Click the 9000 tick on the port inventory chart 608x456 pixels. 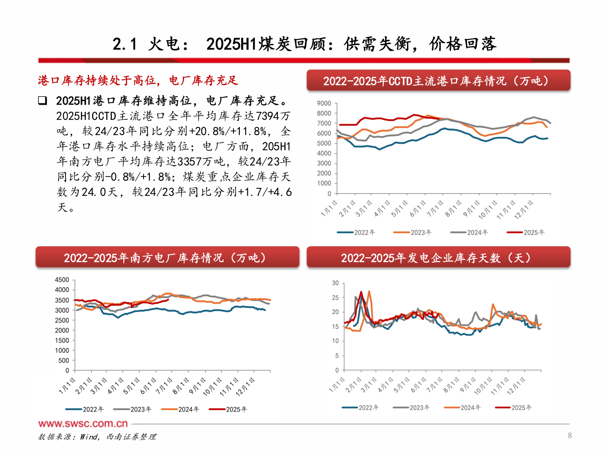[x=324, y=103]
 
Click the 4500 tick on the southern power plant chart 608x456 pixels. [x=62, y=280]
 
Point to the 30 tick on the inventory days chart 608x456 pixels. [x=335, y=283]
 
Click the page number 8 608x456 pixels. [x=570, y=435]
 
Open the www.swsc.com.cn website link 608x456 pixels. [x=83, y=423]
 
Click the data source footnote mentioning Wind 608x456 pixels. [x=97, y=437]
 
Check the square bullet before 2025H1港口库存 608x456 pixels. [x=42, y=100]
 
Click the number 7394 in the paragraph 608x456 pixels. [x=268, y=116]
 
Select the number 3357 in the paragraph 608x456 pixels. [x=190, y=162]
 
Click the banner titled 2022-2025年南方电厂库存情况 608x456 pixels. [x=167, y=258]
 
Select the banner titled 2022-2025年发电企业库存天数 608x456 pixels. [x=438, y=258]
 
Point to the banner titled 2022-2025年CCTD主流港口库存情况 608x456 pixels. [x=438, y=81]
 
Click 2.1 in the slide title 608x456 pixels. [x=125, y=44]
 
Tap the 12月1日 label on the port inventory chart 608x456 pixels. [x=524, y=209]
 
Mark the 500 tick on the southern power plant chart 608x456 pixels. [x=64, y=361]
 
